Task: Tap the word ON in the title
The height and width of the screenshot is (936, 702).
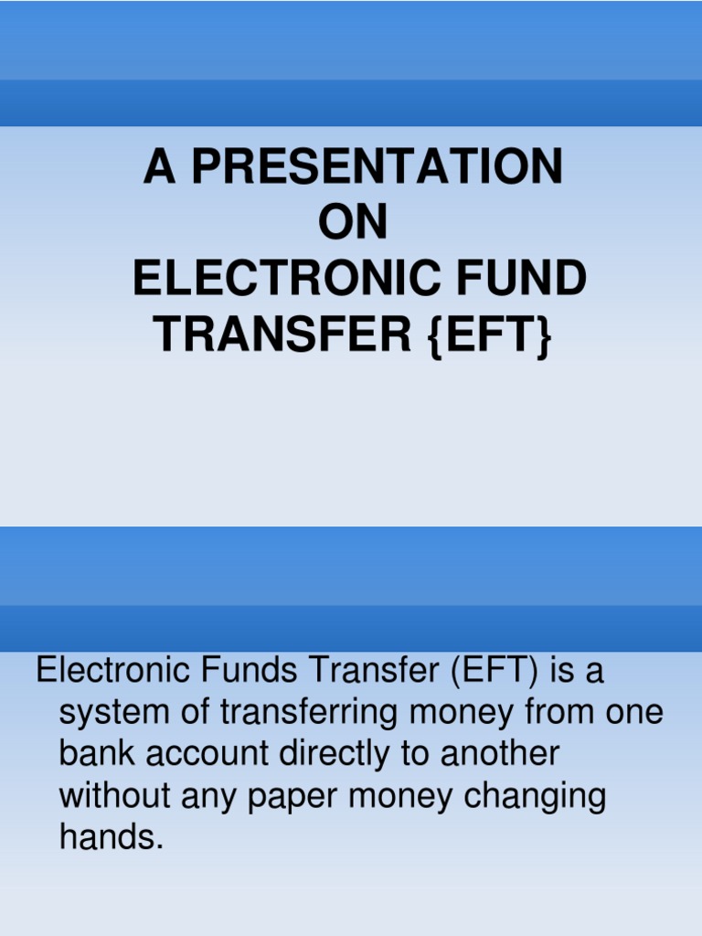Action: coord(352,223)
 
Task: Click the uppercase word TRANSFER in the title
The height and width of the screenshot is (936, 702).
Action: coord(283,335)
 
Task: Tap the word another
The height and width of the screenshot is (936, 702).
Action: coord(500,754)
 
